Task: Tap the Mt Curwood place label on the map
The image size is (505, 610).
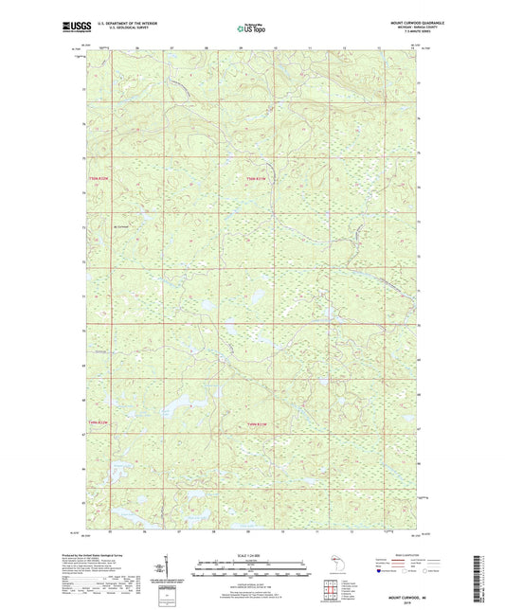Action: click(x=120, y=225)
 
